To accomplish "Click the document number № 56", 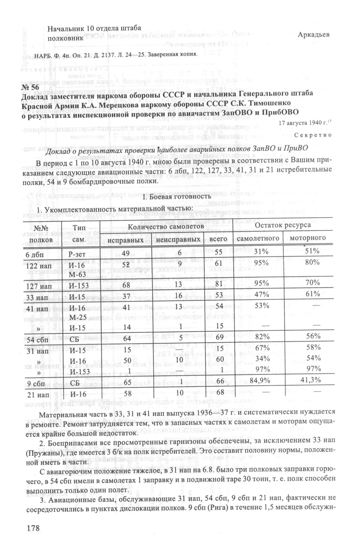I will pyautogui.click(x=30, y=86).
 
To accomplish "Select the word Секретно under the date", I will pyautogui.click(x=313, y=135).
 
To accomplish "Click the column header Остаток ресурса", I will pyautogui.click(x=283, y=225).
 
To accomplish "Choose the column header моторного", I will pyautogui.click(x=308, y=238).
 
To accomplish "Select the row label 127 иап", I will pyautogui.click(x=37, y=286).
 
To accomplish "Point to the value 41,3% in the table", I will pyautogui.click(x=311, y=380).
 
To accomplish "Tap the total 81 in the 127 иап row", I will pyautogui.click(x=223, y=284).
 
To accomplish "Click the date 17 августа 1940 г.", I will pyautogui.click(x=302, y=123).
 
